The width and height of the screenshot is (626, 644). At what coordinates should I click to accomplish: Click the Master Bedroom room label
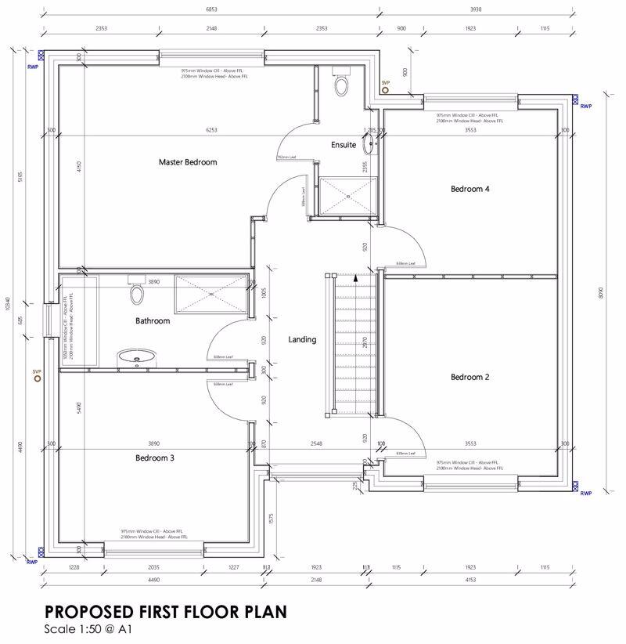click(x=187, y=162)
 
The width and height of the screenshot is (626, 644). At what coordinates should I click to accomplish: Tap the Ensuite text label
click(x=343, y=145)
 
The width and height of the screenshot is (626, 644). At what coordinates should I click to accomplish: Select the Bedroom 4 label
click(x=469, y=189)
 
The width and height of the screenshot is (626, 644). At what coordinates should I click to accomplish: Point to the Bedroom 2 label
click(x=469, y=377)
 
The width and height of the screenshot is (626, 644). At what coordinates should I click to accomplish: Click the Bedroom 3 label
click(x=154, y=458)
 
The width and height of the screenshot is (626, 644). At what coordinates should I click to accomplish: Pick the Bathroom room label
click(x=152, y=320)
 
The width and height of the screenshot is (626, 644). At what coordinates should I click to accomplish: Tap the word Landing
click(x=302, y=339)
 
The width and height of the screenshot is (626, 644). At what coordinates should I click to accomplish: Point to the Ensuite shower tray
click(x=347, y=195)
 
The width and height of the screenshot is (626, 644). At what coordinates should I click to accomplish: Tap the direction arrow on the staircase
click(x=355, y=277)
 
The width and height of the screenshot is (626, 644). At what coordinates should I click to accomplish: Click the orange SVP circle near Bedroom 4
click(x=385, y=90)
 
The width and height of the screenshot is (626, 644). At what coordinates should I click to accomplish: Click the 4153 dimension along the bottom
click(x=469, y=581)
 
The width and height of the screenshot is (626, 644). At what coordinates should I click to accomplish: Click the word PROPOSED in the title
click(x=90, y=610)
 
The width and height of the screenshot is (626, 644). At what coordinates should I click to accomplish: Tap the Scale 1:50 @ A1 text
click(x=88, y=629)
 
